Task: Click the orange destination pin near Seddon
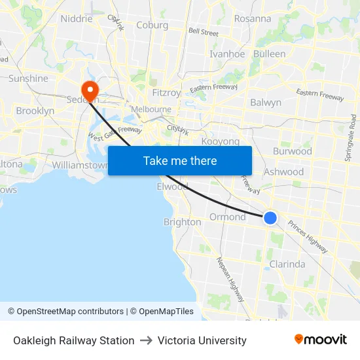[x=88, y=90]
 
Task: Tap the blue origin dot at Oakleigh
[x=270, y=218]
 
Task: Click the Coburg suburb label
[x=152, y=26]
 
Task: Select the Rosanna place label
[x=252, y=18]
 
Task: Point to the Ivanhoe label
[x=226, y=54]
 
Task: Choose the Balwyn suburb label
[x=266, y=102]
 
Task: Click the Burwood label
[x=292, y=151]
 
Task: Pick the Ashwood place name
[x=283, y=171]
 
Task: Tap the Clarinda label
[x=287, y=264]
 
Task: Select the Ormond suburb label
[x=227, y=217]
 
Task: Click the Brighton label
[x=182, y=222]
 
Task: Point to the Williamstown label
[x=79, y=165]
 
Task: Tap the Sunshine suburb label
[x=28, y=79]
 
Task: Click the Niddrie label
[x=77, y=18]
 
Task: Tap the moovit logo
[x=320, y=340]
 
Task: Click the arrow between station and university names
[x=146, y=340]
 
